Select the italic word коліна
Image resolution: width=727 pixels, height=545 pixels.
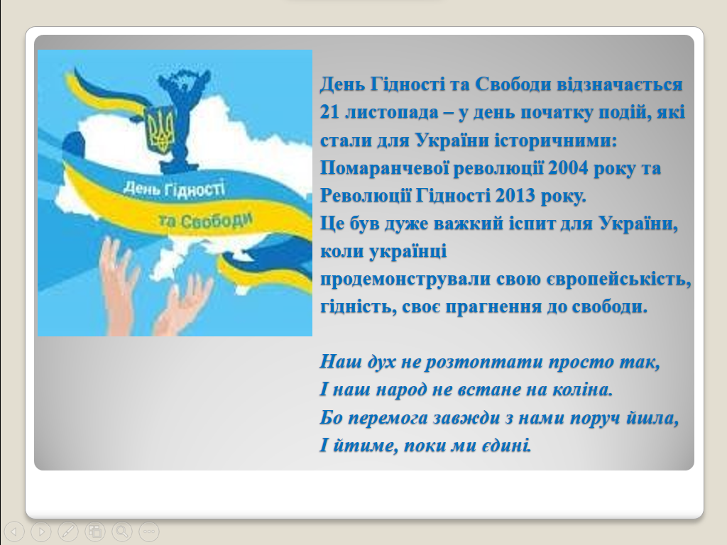point(583,390)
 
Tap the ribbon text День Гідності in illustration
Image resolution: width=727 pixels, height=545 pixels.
point(175,189)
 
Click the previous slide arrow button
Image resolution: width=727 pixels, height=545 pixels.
point(13,531)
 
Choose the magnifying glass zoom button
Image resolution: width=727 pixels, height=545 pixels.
point(121,531)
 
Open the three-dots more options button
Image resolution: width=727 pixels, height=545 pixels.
point(149,531)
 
